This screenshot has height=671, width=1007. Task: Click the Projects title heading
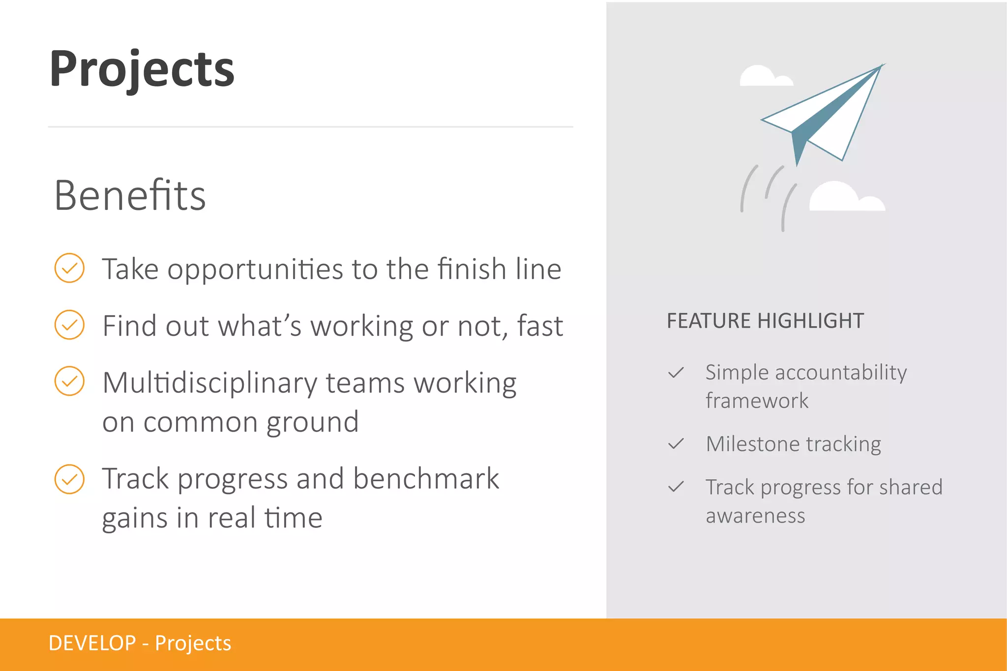point(142,69)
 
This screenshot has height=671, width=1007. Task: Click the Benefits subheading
point(130,196)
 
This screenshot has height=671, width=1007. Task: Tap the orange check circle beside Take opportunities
point(69,268)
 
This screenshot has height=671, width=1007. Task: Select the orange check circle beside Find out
point(69,324)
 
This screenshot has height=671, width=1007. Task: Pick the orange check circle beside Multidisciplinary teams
point(69,381)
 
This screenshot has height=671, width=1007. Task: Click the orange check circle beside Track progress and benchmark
point(69,479)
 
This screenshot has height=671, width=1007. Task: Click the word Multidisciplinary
point(210,383)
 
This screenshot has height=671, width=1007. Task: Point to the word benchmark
point(426,479)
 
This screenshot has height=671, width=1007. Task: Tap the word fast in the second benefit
point(539,326)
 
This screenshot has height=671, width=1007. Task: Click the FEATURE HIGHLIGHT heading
point(765,321)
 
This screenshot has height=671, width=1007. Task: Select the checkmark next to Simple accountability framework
point(676,373)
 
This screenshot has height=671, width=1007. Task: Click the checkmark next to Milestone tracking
point(676,444)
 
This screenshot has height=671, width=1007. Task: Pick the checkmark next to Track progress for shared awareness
point(676,487)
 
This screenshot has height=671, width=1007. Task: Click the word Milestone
point(752,444)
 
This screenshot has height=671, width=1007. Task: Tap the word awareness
point(755,516)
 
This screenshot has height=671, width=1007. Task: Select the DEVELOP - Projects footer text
point(140,643)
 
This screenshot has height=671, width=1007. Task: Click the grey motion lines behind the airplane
point(767,197)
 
